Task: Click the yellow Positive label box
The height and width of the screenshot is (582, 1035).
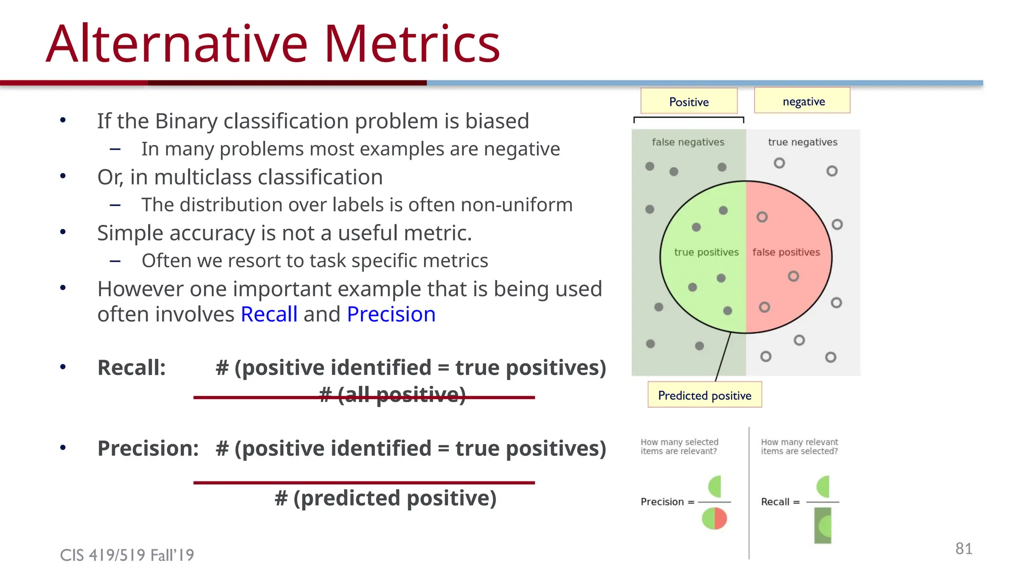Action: tap(689, 102)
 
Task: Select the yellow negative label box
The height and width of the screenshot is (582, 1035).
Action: tap(803, 101)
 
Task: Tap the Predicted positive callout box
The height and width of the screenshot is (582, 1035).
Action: tap(704, 395)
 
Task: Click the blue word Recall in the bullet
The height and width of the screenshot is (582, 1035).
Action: tap(269, 314)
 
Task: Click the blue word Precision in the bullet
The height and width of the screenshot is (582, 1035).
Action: tap(391, 314)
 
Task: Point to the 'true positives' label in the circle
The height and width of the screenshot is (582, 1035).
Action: tap(706, 252)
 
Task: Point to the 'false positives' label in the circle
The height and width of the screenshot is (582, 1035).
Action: tap(786, 252)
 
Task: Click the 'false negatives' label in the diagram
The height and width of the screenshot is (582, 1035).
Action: tap(688, 142)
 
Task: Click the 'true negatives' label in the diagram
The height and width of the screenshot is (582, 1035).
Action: tap(803, 142)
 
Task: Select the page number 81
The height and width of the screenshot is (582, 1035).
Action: tap(964, 548)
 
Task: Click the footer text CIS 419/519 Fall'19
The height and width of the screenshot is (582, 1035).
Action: tap(127, 555)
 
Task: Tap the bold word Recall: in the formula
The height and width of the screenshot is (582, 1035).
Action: tap(131, 367)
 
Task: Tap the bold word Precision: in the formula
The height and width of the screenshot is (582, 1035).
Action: tap(148, 448)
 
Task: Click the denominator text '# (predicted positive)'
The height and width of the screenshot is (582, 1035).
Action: tap(385, 498)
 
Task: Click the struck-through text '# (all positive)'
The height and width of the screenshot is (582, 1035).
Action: tap(393, 395)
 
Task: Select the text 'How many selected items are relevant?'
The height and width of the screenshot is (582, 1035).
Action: tap(679, 447)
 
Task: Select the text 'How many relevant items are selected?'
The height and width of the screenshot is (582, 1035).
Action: tap(799, 447)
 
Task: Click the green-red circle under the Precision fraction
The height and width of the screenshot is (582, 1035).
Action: tap(714, 519)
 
